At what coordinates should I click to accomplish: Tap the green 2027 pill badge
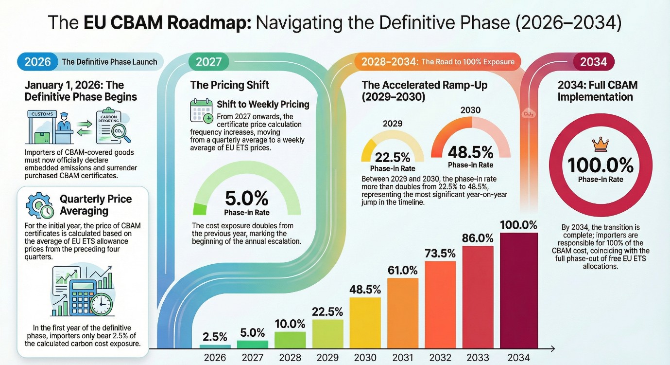[x=208, y=62]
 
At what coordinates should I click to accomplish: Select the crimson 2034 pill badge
[x=593, y=62]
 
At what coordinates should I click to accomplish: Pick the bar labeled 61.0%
[x=403, y=312]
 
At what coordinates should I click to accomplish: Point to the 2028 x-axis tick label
[x=290, y=358]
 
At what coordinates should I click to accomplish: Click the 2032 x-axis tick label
[x=441, y=358]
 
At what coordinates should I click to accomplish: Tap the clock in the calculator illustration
[x=101, y=304]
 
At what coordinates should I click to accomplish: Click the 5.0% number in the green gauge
[x=246, y=199]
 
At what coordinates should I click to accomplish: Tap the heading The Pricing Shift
[x=230, y=85]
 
